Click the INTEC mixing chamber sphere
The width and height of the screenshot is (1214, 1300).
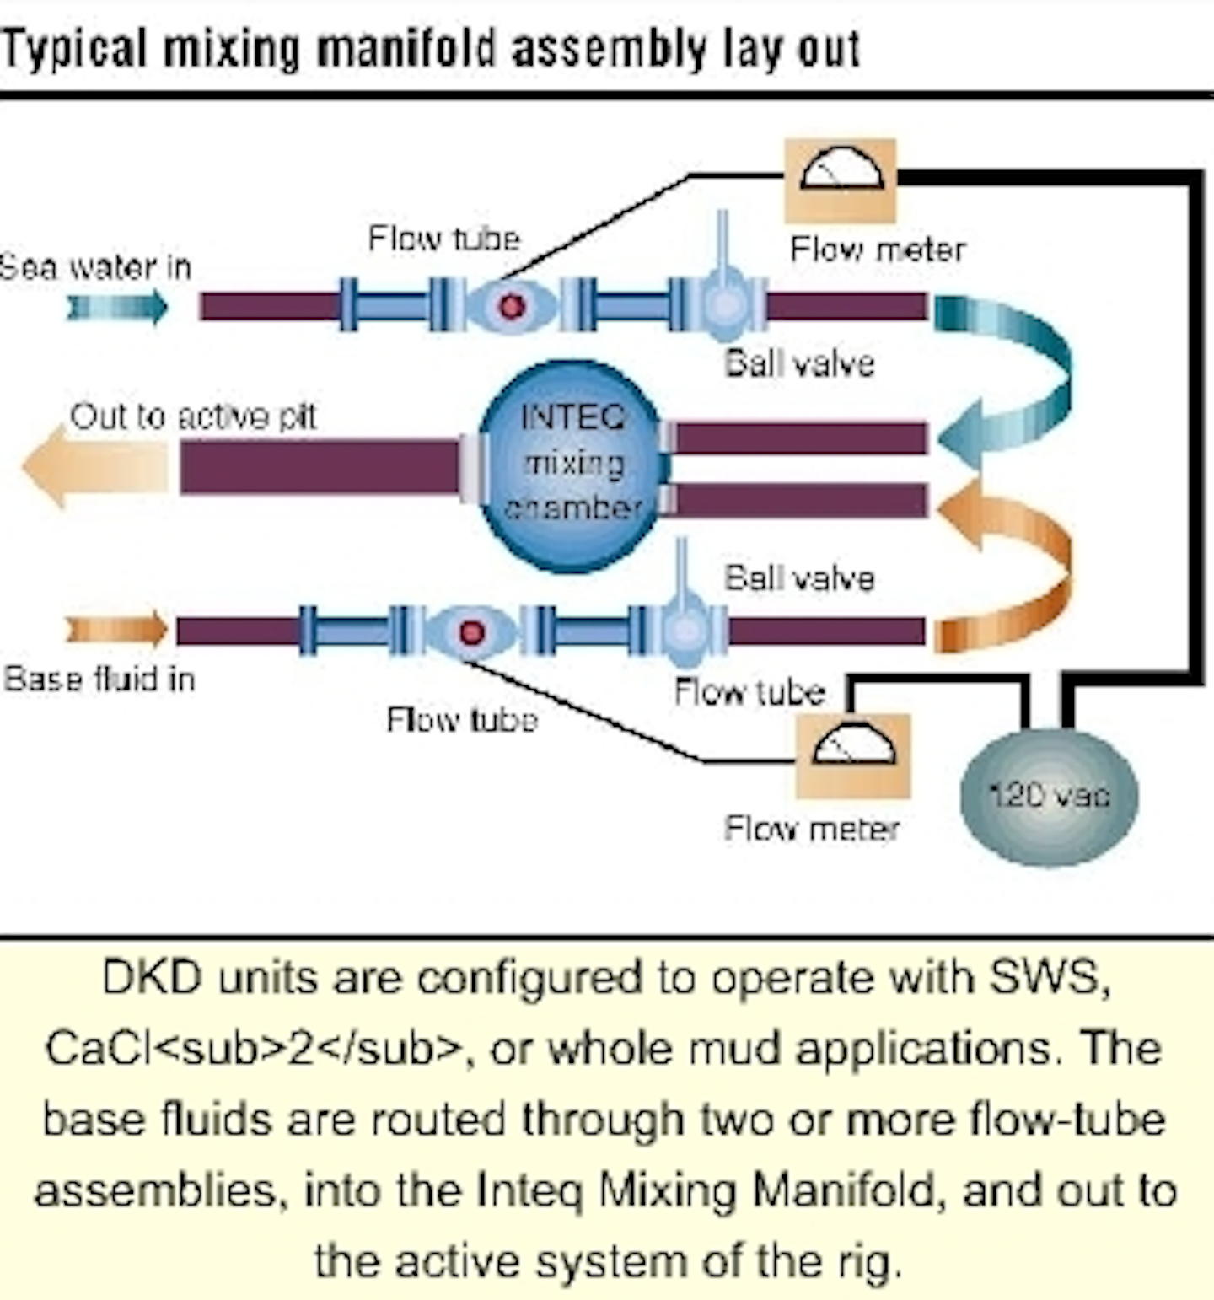573,465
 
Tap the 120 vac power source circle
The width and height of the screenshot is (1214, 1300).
1049,796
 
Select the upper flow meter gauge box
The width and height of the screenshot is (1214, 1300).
841,180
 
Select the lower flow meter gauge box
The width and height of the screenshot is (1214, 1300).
852,755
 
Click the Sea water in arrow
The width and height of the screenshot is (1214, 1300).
118,307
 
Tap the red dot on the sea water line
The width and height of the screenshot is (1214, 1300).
511,305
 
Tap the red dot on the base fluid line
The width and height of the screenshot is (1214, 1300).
471,631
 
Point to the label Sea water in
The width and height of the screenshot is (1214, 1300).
94,267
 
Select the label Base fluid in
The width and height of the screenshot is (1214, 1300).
99,679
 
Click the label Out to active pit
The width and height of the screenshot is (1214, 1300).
193,416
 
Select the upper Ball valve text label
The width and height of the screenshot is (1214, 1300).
799,363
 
